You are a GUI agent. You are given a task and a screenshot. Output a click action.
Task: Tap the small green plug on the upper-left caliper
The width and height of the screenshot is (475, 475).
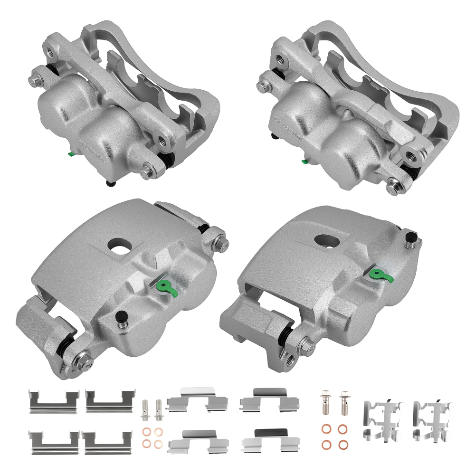click(70, 153)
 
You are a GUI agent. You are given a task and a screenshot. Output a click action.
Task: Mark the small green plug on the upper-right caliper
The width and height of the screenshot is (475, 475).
click(305, 161)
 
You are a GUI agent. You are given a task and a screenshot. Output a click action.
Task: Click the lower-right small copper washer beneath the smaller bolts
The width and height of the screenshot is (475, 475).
click(158, 444)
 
